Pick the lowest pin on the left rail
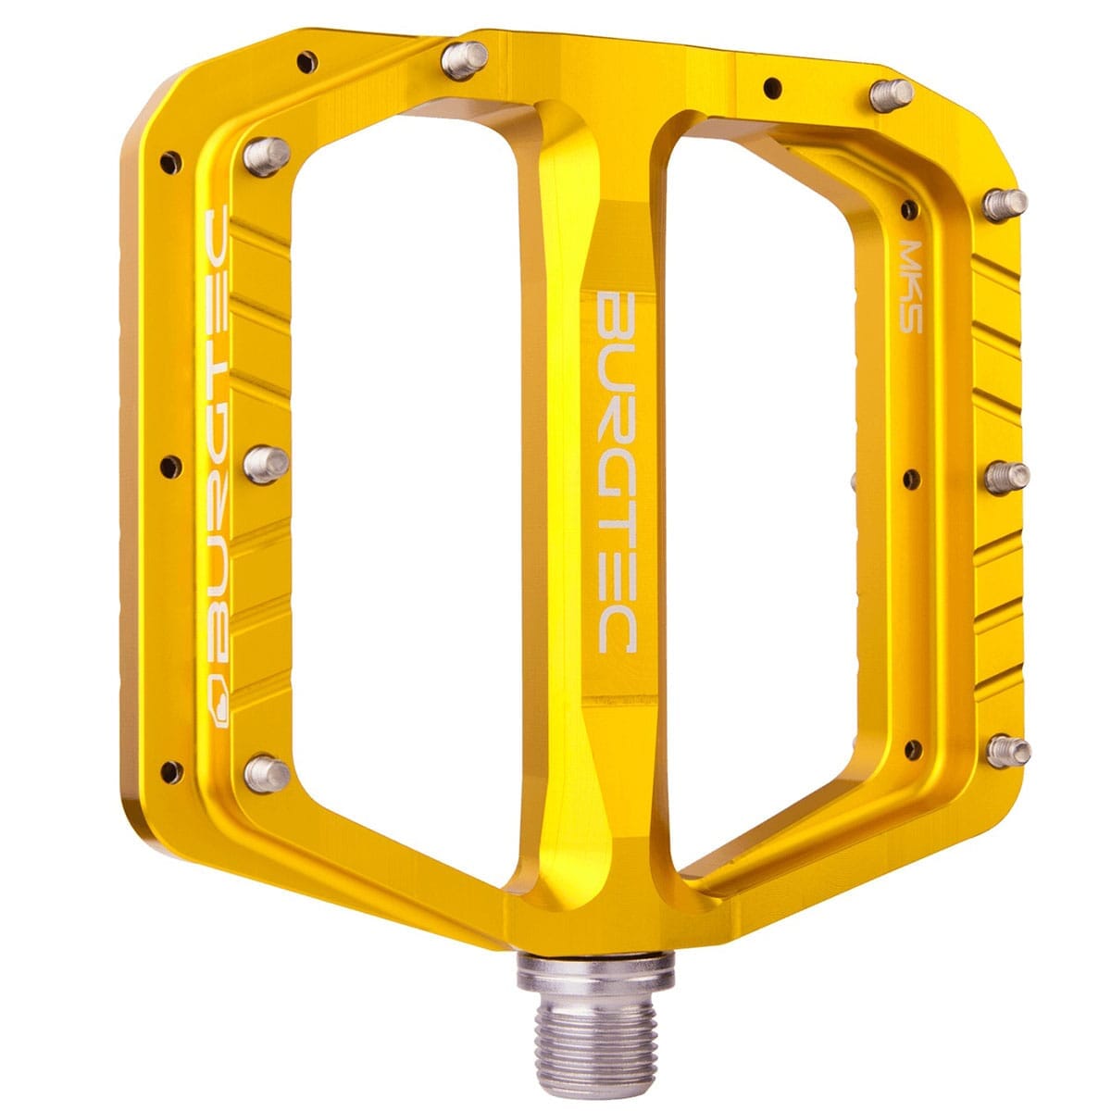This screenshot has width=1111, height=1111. click(267, 771)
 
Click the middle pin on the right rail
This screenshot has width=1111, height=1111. click(1006, 477)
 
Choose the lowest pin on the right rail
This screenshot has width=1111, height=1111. click(1007, 749)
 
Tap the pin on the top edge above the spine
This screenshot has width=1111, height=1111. click(464, 60)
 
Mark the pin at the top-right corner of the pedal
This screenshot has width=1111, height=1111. click(891, 93)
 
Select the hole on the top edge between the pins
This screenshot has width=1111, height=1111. click(770, 88)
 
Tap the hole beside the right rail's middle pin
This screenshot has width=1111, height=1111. click(911, 479)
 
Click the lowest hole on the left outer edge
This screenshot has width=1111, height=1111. click(169, 768)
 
